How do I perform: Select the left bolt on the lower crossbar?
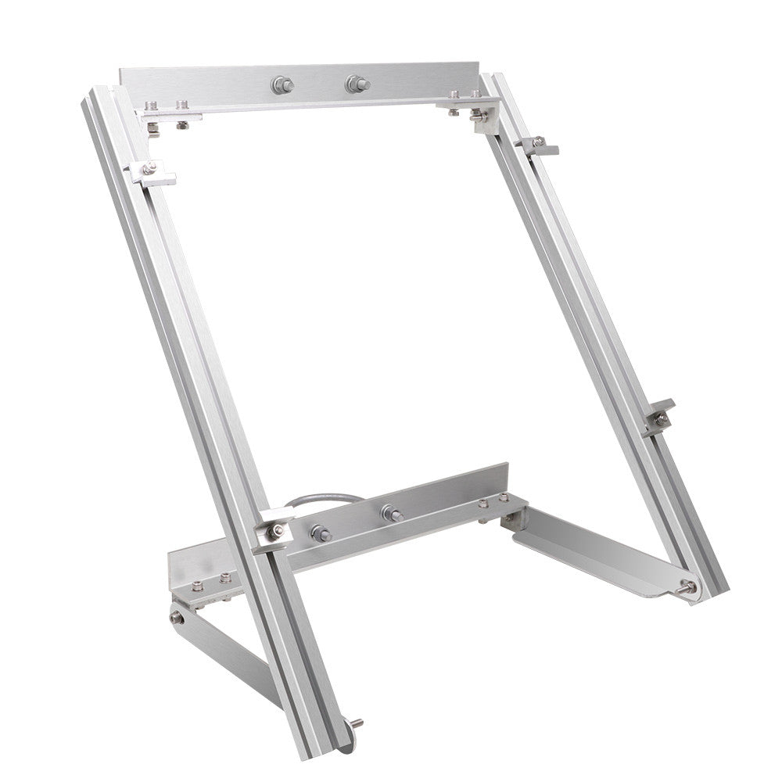(x=320, y=533)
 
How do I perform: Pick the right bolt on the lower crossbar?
(x=390, y=514)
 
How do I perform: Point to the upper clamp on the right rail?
(x=539, y=145)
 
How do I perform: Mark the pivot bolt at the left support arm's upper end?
(x=178, y=618)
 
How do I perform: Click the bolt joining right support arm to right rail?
(x=687, y=586)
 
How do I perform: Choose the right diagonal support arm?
(x=594, y=551)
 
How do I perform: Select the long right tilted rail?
(x=602, y=328)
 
